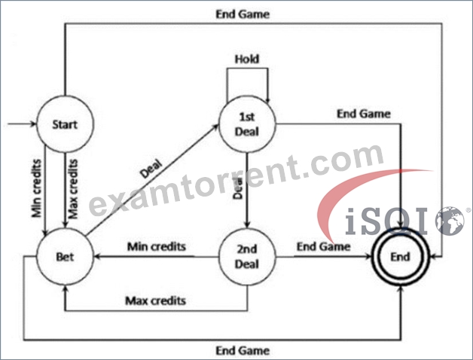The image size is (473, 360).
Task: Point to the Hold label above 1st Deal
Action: [247, 59]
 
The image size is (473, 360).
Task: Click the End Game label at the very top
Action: [243, 14]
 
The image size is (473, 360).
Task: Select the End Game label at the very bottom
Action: [243, 351]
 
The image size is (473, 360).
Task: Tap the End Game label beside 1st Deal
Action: [364, 114]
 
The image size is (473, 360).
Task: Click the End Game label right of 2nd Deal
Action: [324, 246]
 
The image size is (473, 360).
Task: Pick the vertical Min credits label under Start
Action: [36, 188]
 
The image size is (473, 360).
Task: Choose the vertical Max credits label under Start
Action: [73, 189]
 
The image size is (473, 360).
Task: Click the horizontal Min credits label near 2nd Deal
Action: [157, 246]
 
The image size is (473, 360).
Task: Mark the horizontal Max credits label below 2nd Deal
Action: [156, 301]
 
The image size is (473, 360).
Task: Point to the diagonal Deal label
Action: [151, 169]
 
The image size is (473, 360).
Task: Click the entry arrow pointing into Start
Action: [22, 124]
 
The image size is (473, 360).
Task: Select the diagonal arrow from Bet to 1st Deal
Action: [151, 180]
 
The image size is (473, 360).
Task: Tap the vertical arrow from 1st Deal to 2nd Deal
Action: [247, 191]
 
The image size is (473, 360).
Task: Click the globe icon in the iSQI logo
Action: [450, 221]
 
